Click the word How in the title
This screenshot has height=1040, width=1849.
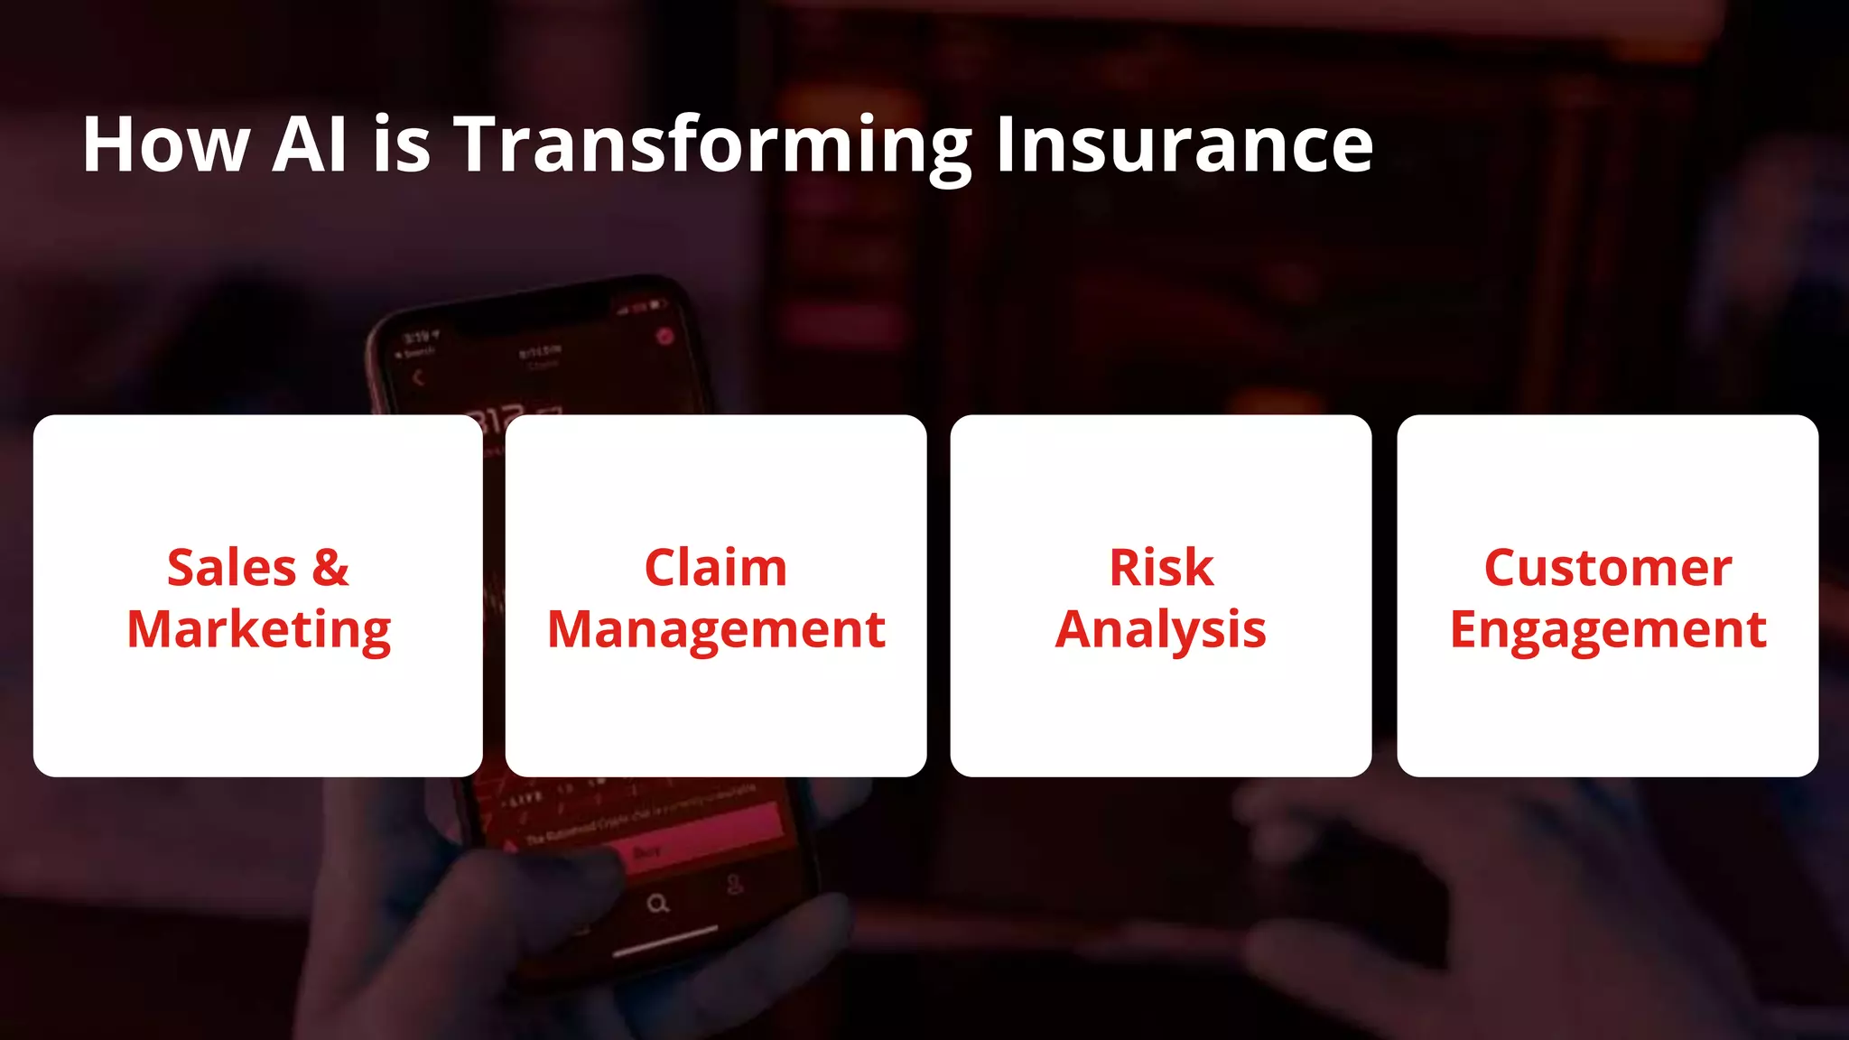click(x=166, y=144)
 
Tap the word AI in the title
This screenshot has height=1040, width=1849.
click(x=310, y=144)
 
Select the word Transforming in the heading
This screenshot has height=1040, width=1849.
click(x=712, y=146)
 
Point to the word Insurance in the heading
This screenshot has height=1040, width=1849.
click(x=1184, y=144)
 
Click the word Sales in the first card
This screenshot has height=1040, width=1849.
click(x=232, y=569)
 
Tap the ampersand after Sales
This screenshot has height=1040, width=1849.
click(x=330, y=569)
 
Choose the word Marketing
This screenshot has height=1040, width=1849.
click(x=259, y=630)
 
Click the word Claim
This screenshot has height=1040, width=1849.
click(x=715, y=569)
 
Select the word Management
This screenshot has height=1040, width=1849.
click(x=716, y=630)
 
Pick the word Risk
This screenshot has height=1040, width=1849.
click(x=1161, y=569)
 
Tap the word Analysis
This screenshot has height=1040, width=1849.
click(x=1161, y=630)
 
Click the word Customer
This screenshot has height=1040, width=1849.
click(x=1608, y=569)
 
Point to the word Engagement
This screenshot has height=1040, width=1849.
click(x=1608, y=630)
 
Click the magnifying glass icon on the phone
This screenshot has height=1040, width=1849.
click(x=658, y=904)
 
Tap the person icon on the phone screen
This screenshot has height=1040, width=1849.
click(x=735, y=884)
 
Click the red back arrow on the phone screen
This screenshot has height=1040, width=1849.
click(x=418, y=378)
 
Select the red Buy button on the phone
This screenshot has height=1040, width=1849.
click(x=646, y=851)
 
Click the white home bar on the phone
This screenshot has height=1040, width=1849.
click(x=665, y=940)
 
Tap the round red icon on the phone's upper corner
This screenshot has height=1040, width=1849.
click(x=664, y=337)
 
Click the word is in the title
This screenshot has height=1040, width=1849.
click(x=402, y=144)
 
